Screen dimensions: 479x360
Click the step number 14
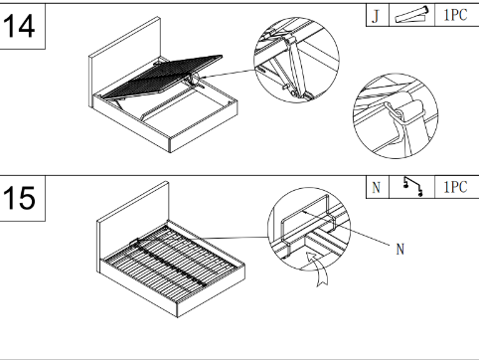click(19, 26)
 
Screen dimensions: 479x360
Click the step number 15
click(19, 198)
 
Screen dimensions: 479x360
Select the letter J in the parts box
click(376, 15)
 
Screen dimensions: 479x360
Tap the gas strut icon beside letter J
click(411, 15)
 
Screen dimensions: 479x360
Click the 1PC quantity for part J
click(455, 15)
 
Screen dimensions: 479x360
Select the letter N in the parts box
click(377, 188)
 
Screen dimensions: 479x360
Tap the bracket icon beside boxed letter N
click(412, 187)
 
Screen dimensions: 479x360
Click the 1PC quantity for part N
click(455, 187)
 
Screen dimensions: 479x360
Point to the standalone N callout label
click(400, 249)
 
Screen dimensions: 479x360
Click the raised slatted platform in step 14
click(162, 76)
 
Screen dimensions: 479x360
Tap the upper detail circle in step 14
click(296, 60)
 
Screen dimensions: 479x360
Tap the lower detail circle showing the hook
click(396, 115)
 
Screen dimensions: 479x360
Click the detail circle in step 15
click(309, 229)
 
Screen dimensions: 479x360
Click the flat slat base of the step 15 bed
click(171, 262)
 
